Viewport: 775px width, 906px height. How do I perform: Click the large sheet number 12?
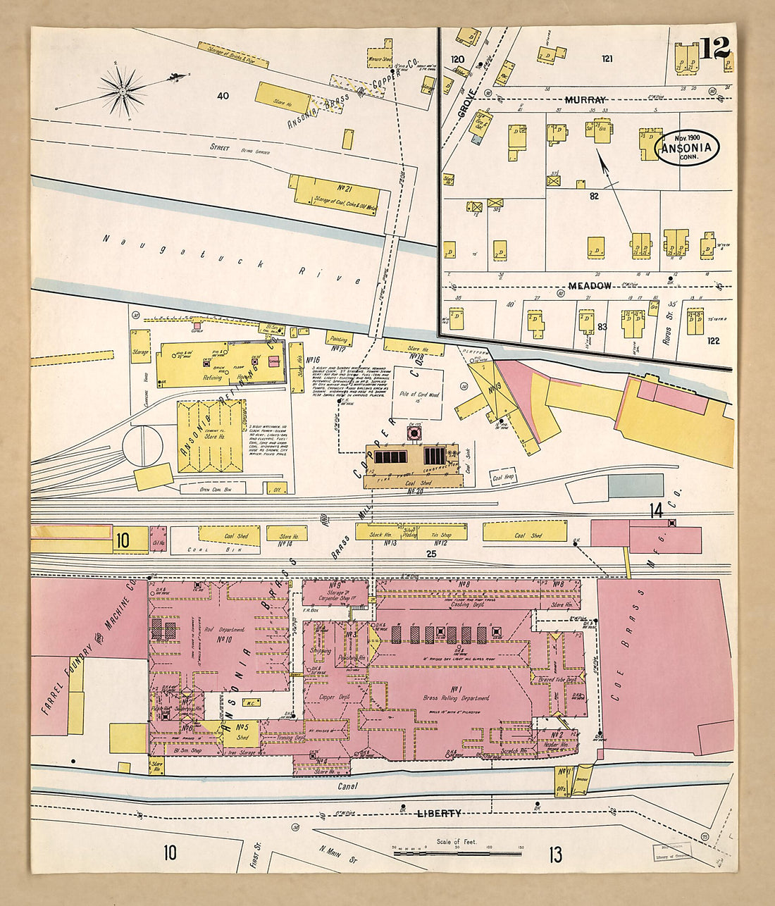pyautogui.click(x=716, y=49)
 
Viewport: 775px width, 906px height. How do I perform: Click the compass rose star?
pyautogui.click(x=123, y=90)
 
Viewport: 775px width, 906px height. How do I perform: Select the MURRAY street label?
pyautogui.click(x=585, y=101)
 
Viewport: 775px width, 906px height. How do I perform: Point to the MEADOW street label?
pyautogui.click(x=590, y=285)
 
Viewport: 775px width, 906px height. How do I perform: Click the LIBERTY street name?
pyautogui.click(x=439, y=813)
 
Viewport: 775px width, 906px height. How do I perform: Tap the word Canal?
pyautogui.click(x=348, y=786)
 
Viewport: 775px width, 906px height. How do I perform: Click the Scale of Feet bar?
pyautogui.click(x=458, y=852)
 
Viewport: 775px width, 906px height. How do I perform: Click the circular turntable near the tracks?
pyautogui.click(x=143, y=445)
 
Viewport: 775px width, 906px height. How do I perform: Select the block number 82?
pyautogui.click(x=594, y=196)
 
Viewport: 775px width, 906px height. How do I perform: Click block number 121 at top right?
pyautogui.click(x=607, y=58)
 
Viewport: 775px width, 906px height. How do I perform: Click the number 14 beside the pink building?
pyautogui.click(x=656, y=511)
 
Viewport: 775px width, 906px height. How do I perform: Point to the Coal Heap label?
pyautogui.click(x=504, y=477)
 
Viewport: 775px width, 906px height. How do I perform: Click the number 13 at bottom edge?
pyautogui.click(x=555, y=855)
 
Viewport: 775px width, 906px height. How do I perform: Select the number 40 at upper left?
pyautogui.click(x=224, y=95)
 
